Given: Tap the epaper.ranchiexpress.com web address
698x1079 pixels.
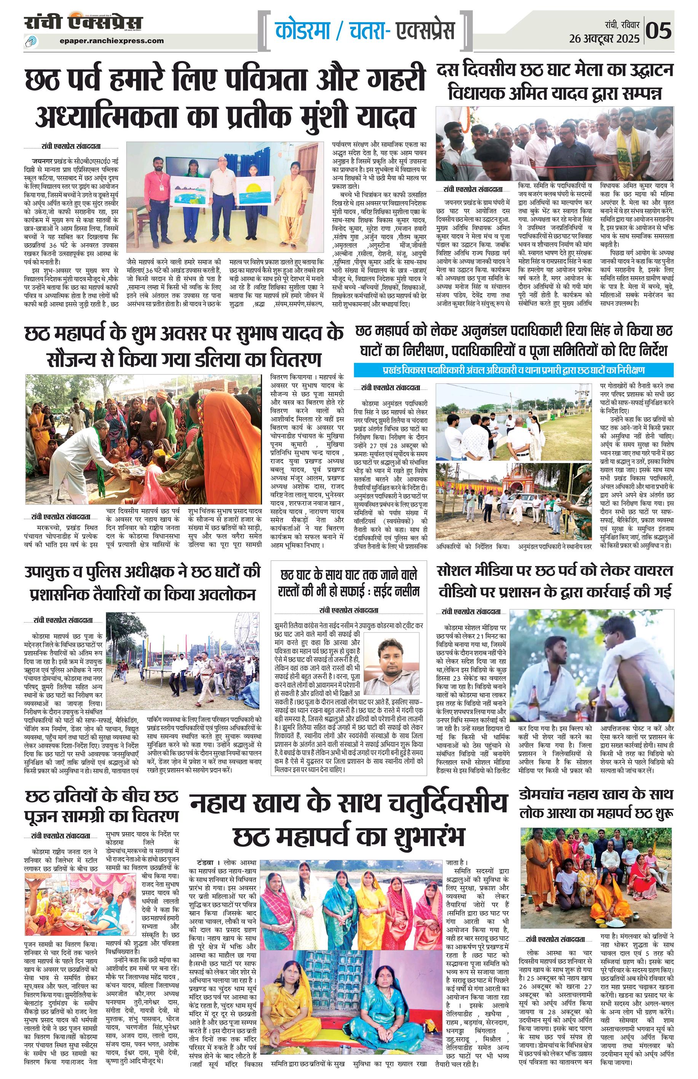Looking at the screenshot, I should point(112,41).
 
